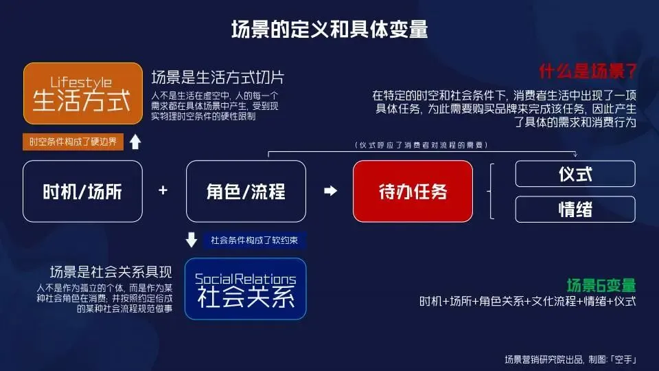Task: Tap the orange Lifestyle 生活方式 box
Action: (x=82, y=93)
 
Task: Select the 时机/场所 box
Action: (x=82, y=191)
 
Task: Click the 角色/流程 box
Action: (x=246, y=191)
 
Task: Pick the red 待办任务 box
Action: (x=413, y=191)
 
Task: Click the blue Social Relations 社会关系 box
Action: (x=246, y=289)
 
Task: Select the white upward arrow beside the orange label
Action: (x=135, y=142)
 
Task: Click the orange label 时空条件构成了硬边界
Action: (x=73, y=142)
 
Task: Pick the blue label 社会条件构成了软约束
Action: (x=254, y=240)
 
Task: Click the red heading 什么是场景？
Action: (x=588, y=71)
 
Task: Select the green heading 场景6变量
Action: (x=601, y=284)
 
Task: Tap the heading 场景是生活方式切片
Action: (x=217, y=77)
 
